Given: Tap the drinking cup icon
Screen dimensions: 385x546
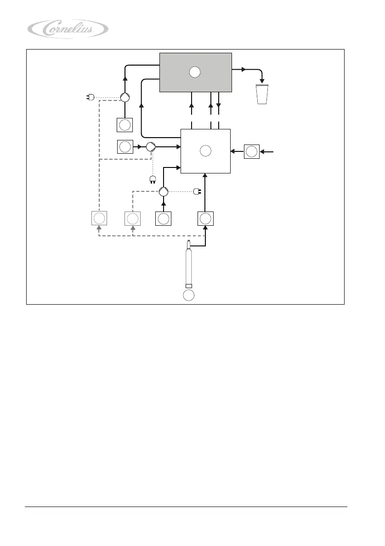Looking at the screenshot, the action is [261, 94].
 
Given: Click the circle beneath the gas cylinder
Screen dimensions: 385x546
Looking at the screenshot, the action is [188, 295].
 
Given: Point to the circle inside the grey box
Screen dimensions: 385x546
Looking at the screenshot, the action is [195, 72].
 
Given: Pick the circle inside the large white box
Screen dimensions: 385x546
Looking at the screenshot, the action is [205, 150].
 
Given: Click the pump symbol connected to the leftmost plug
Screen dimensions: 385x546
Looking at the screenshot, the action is [125, 97].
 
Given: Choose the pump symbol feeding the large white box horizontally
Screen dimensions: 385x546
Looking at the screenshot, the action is [151, 147].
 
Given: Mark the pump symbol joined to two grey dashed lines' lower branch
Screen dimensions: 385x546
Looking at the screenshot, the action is [164, 192].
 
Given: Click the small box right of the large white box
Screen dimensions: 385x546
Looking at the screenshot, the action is [252, 151].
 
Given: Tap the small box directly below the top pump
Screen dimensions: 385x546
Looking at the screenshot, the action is [125, 125].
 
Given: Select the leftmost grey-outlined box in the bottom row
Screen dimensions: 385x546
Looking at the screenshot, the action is [99, 219].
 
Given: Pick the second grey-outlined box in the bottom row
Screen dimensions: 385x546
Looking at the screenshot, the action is [132, 219].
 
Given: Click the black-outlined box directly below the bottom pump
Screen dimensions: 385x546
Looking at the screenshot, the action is [163, 219].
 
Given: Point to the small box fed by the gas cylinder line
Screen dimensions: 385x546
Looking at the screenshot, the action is [205, 219].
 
